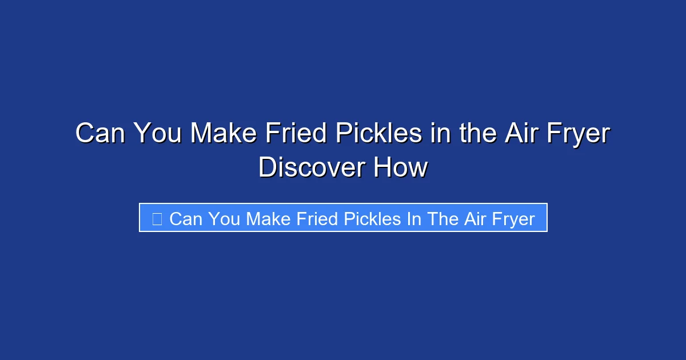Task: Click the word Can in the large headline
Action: (101, 134)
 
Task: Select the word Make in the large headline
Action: (223, 134)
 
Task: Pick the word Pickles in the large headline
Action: (374, 134)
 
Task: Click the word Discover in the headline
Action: (312, 168)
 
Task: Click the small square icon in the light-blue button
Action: (157, 218)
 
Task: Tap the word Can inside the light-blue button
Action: (185, 219)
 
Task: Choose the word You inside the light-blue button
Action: (225, 219)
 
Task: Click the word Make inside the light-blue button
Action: (269, 219)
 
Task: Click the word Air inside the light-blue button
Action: (474, 219)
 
